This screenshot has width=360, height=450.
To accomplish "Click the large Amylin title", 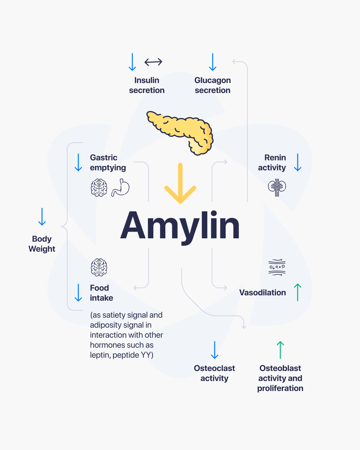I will click(x=180, y=226).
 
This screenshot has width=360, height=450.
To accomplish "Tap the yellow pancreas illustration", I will click(x=182, y=132).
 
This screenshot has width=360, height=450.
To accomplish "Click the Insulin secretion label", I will click(x=147, y=85).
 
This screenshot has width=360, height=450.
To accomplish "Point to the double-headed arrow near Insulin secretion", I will click(x=153, y=62).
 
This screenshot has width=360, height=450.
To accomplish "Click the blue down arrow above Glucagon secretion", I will click(x=213, y=62).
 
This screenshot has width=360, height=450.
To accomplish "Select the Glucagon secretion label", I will click(x=213, y=85).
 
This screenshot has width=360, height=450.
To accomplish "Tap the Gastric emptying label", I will click(x=108, y=163).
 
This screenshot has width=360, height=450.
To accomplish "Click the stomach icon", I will click(x=121, y=188).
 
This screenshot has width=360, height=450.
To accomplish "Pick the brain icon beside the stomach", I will click(x=99, y=188).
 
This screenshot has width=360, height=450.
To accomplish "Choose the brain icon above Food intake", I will click(x=99, y=267).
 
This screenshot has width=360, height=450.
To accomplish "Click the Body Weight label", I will click(x=42, y=244).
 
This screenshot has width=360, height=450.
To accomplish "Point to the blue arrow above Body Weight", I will click(x=42, y=217).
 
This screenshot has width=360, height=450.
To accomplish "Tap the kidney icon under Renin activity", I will click(x=277, y=187).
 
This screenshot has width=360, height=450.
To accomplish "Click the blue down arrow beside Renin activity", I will click(x=298, y=162).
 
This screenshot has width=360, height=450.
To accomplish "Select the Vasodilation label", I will click(x=263, y=293).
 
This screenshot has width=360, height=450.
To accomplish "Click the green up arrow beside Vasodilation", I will click(x=298, y=292).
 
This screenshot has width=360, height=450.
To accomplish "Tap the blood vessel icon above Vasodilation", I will click(x=277, y=267).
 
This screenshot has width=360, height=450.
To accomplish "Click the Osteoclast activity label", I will click(x=214, y=373).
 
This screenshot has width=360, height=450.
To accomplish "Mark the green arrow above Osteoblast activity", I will click(x=280, y=350).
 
